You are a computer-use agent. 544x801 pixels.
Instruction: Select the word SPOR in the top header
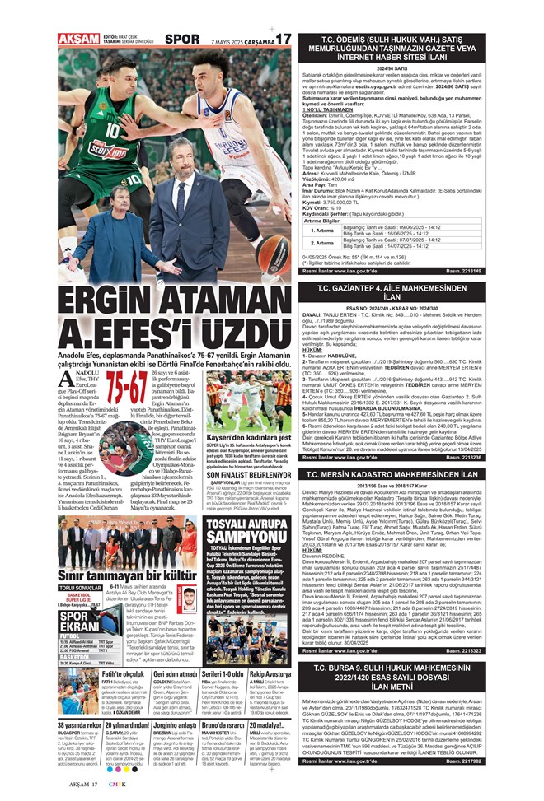(181, 16)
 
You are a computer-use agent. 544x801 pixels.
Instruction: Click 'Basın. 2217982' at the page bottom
(511, 785)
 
